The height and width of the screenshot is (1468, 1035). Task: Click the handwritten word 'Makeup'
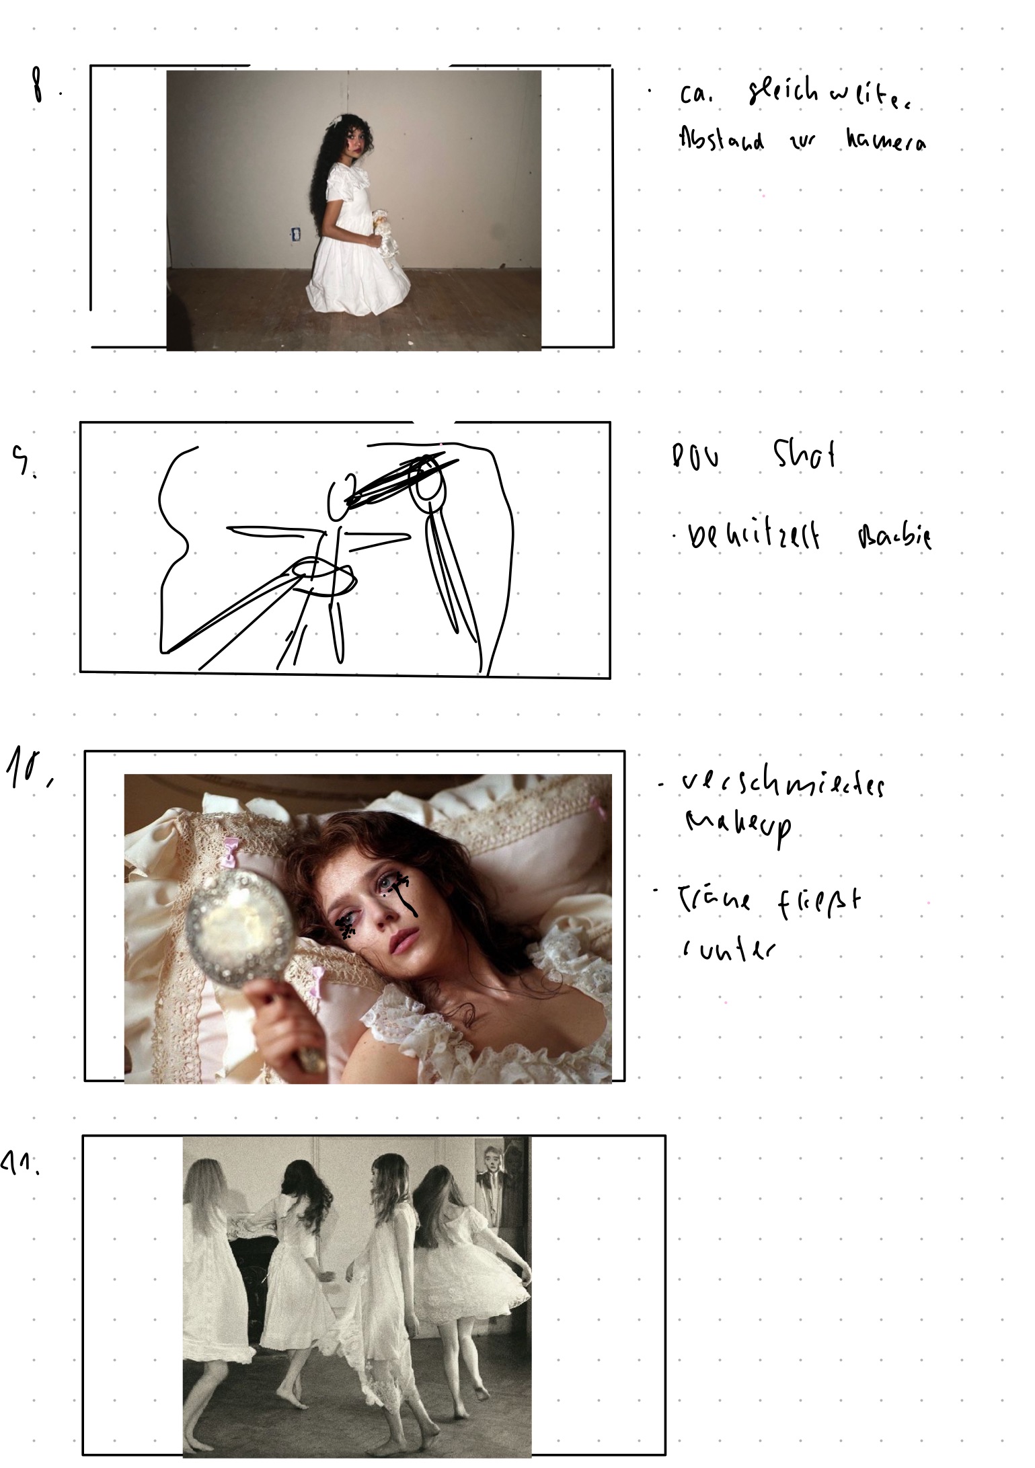[x=738, y=824]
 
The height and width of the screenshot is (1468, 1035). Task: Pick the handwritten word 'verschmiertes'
[x=783, y=785]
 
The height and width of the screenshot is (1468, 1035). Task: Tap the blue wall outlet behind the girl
[x=295, y=235]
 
